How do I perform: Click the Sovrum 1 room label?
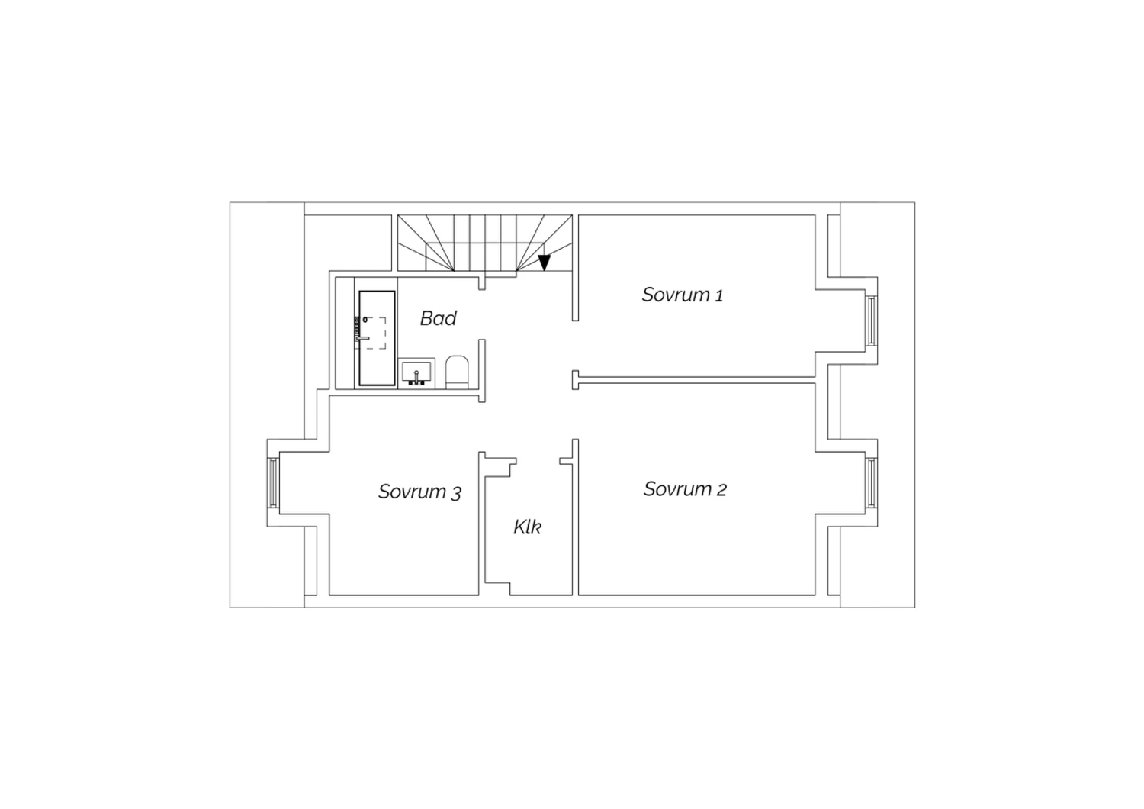683,295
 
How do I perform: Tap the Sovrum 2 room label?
685,489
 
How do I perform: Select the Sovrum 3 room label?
419,492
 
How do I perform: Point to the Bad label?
439,318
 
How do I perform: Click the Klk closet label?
527,527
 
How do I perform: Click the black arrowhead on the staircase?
545,263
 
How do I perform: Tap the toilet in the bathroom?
457,372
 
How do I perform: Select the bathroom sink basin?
416,372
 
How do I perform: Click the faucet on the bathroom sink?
416,378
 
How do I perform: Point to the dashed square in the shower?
376,334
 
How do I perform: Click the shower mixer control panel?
356,328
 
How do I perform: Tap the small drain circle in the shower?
365,320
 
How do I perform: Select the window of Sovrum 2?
871,483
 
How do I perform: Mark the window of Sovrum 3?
273,483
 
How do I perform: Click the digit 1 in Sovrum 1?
718,295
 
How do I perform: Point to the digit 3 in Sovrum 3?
456,493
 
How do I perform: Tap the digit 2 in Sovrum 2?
721,490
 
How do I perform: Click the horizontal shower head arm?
362,338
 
